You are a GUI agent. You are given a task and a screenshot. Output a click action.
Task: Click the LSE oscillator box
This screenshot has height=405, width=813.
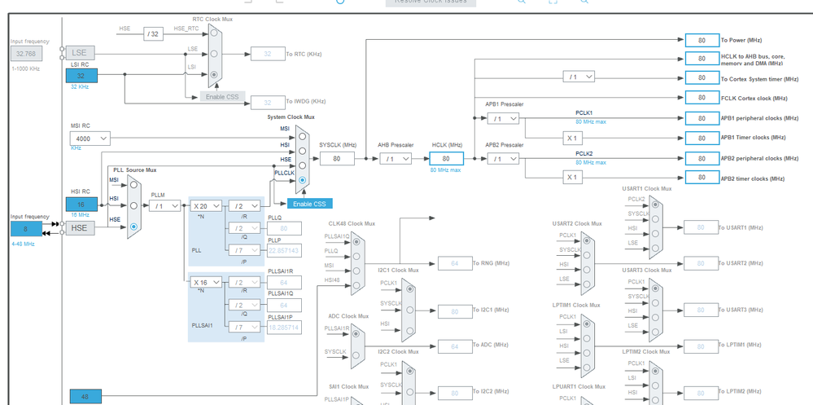point(81,53)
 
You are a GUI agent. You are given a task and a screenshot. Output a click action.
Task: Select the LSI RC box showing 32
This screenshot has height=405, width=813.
point(81,76)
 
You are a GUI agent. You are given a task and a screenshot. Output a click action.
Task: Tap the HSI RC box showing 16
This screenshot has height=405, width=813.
point(81,205)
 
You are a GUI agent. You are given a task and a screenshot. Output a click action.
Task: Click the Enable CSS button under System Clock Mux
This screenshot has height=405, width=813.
point(309,204)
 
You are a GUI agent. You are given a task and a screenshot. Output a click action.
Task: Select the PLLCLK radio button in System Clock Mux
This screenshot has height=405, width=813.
point(302,179)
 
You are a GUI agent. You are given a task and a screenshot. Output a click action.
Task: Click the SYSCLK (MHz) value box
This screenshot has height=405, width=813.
point(336,158)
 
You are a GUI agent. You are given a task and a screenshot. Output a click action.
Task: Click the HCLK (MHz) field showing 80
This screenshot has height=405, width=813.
point(446,159)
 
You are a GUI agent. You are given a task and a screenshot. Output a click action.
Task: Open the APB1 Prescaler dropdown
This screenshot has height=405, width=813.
point(502,119)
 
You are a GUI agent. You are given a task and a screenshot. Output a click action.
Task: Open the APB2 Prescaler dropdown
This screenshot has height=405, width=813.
point(502,159)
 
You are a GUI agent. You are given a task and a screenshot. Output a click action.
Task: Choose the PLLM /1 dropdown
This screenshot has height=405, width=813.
point(164,206)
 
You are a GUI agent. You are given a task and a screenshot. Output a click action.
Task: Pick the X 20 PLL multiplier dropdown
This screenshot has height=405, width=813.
point(206,206)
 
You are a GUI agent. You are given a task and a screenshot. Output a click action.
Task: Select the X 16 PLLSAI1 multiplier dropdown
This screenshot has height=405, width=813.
point(206,282)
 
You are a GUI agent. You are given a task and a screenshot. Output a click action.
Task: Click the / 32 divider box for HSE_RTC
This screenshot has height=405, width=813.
point(154,33)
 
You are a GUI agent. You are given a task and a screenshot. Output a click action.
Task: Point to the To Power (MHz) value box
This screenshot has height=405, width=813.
point(701,40)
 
